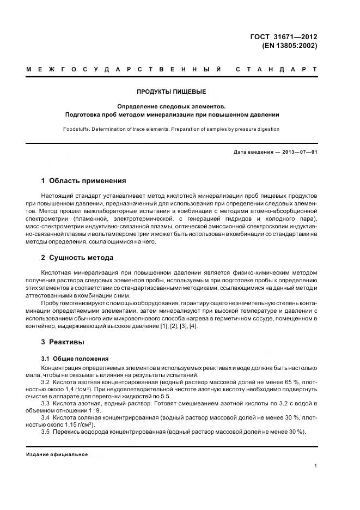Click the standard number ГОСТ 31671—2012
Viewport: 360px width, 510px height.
tap(283, 37)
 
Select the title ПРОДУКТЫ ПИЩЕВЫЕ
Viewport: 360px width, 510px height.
tap(172, 92)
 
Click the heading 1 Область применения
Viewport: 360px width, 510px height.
tap(84, 180)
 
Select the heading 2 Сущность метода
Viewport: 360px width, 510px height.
tap(77, 257)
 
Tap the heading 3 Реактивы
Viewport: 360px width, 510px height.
tap(63, 342)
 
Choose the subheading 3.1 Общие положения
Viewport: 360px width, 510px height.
tap(75, 359)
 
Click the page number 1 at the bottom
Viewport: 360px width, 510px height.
tap(316, 466)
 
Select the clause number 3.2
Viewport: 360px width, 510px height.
tap(46, 382)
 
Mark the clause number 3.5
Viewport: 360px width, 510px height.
tap(46, 432)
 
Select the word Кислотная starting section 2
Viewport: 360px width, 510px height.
tap(57, 272)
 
